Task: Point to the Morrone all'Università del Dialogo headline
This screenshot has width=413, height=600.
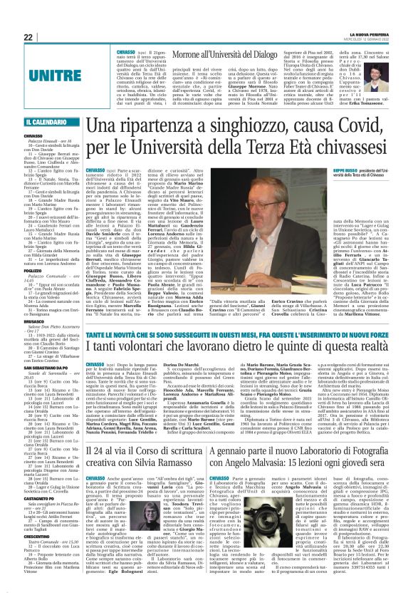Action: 219,53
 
